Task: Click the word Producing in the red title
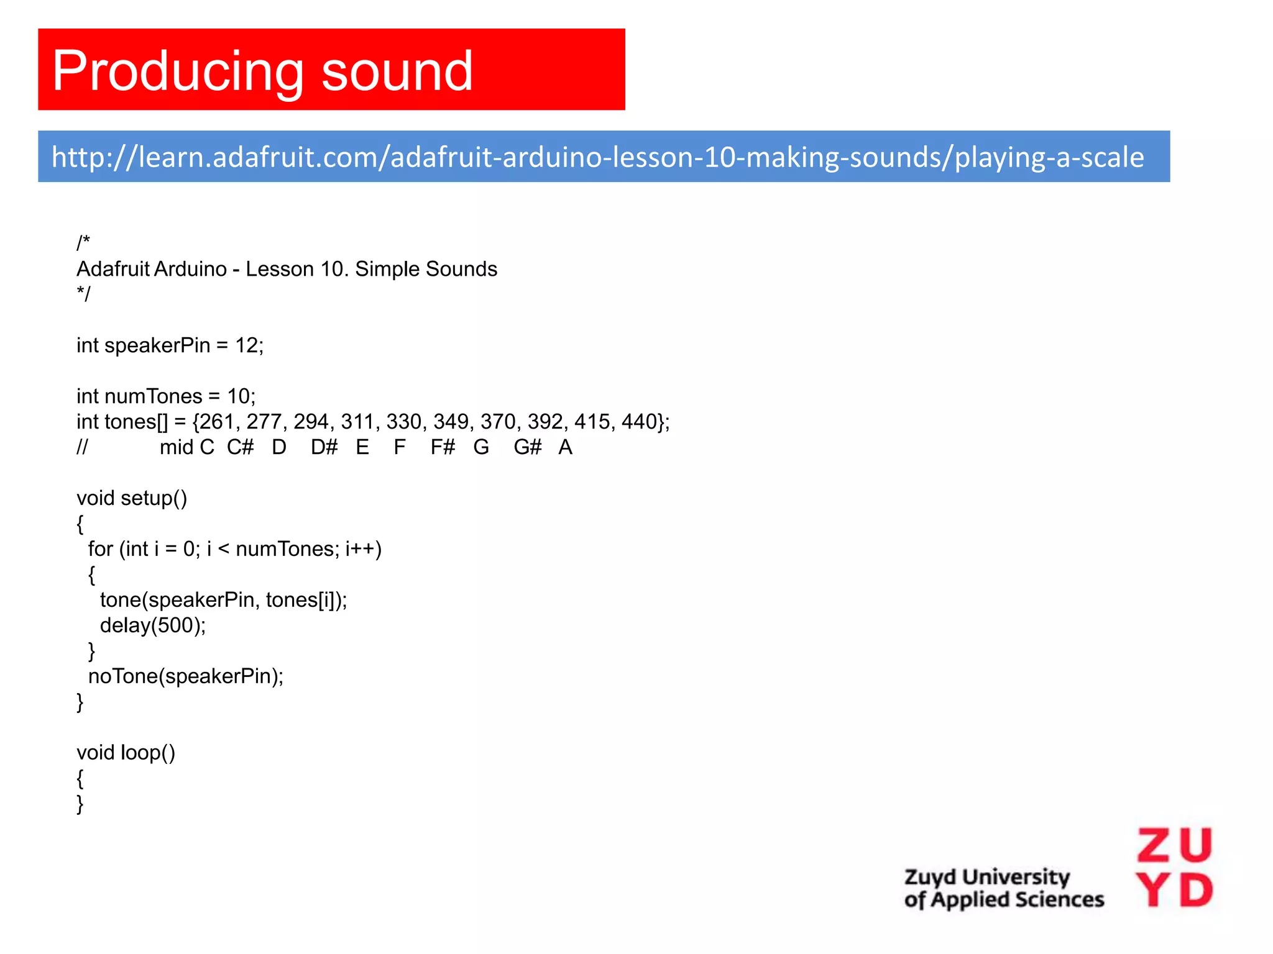(177, 71)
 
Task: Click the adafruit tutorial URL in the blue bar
(597, 157)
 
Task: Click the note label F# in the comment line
(443, 447)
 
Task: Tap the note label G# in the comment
(527, 447)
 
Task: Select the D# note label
(324, 447)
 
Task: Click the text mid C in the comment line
(186, 447)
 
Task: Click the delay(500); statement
(153, 625)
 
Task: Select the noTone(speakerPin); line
(186, 676)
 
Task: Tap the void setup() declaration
(132, 498)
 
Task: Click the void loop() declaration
(126, 753)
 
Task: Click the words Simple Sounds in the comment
(426, 269)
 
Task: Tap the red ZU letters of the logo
(1174, 846)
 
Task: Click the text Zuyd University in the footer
(987, 877)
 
